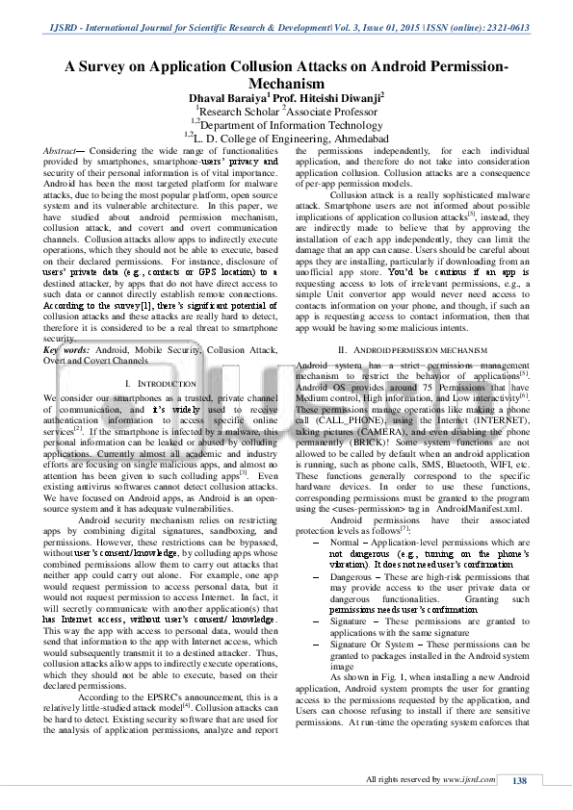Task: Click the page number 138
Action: point(519,780)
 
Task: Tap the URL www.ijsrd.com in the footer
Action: point(462,780)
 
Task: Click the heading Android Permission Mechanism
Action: point(408,347)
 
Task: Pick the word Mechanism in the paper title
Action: point(286,83)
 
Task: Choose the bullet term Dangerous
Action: point(355,576)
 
